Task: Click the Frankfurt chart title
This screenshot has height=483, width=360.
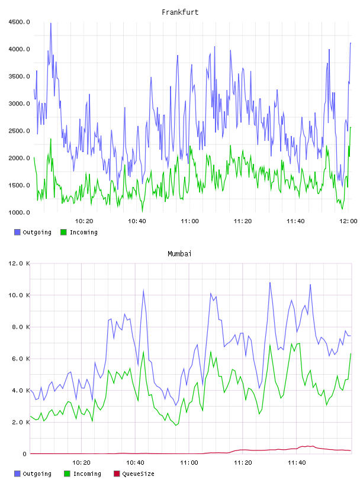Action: pos(180,12)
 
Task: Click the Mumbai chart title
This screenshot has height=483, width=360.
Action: pos(179,253)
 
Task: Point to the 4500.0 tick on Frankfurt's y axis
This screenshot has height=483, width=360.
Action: pos(20,22)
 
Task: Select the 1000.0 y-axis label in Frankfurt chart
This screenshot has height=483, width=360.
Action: pos(20,212)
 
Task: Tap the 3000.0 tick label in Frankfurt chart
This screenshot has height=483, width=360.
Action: pos(20,104)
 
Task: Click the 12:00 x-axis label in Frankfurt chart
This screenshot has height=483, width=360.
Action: pos(348,221)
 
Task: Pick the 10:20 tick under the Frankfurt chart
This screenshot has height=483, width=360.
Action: pos(84,221)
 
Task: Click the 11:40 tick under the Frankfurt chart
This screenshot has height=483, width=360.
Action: pos(295,221)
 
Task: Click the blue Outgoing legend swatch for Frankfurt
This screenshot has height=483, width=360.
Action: pos(17,232)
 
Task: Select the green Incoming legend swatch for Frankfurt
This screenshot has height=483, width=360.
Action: pos(63,232)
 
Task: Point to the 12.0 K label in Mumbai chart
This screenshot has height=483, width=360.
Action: pos(20,263)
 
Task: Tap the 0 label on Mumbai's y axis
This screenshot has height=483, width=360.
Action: pos(25,454)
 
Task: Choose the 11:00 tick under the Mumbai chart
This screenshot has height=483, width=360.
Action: pos(189,462)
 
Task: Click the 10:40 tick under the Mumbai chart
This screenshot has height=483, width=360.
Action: pos(136,462)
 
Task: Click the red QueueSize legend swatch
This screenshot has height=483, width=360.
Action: pos(117,474)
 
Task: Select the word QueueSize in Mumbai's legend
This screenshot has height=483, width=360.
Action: pos(139,474)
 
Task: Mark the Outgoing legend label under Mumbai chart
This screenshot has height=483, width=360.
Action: pos(37,474)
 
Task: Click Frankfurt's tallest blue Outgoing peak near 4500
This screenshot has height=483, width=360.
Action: pos(51,23)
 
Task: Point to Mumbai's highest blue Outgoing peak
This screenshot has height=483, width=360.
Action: pos(270,282)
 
